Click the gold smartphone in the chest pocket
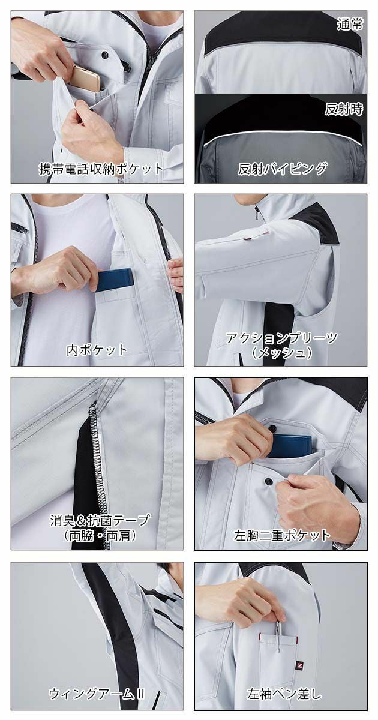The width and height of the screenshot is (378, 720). click(x=88, y=79)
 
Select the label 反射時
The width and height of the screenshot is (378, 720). click(x=344, y=110)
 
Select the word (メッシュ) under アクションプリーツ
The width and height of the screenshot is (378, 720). click(x=281, y=353)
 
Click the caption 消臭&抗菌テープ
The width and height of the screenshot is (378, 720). click(x=100, y=520)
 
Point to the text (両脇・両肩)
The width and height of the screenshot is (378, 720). click(x=100, y=535)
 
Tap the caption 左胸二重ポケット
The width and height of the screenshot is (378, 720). click(x=282, y=535)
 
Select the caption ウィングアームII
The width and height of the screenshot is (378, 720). click(x=97, y=695)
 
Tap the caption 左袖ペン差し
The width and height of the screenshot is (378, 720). click(x=284, y=695)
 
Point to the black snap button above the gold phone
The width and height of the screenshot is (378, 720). click(x=106, y=55)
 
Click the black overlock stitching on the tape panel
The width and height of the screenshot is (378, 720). click(x=94, y=456)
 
